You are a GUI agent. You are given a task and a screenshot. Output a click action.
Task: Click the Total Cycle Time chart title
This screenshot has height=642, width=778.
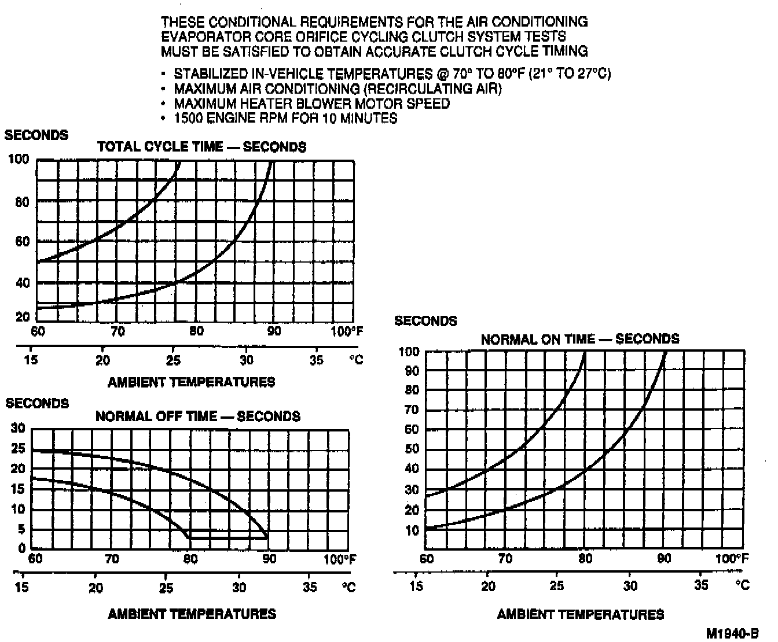click(x=201, y=147)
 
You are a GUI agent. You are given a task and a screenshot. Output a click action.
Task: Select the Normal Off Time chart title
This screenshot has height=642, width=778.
click(x=197, y=416)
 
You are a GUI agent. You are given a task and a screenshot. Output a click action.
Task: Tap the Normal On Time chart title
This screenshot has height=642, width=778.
click(x=579, y=339)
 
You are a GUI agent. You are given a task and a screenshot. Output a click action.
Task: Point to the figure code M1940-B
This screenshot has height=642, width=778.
click(x=732, y=633)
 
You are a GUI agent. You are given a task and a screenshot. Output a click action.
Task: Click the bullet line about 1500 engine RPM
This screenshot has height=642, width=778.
click(x=285, y=119)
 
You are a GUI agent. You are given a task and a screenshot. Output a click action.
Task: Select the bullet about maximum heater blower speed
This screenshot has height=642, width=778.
click(x=311, y=104)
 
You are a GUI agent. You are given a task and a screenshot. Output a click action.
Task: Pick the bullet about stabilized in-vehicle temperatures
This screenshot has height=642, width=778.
click(x=392, y=74)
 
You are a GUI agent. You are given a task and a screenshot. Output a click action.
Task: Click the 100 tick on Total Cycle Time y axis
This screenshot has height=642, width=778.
click(x=19, y=159)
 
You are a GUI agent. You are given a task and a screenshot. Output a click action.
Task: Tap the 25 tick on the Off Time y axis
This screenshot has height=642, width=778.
click(x=19, y=449)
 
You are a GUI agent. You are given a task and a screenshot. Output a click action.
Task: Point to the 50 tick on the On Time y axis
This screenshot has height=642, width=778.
click(x=411, y=449)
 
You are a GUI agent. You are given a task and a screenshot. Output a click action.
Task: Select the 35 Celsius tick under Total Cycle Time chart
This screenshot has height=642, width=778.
click(x=317, y=360)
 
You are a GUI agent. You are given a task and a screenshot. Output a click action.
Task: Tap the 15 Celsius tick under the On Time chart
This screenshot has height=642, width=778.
click(x=416, y=586)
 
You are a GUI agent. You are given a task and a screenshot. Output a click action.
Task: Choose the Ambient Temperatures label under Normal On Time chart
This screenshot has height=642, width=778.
click(x=580, y=614)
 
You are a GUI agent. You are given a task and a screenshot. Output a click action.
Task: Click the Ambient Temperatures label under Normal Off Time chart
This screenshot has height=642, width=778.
click(x=192, y=614)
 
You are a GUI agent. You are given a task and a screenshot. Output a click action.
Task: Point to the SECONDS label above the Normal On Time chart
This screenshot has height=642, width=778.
click(x=425, y=321)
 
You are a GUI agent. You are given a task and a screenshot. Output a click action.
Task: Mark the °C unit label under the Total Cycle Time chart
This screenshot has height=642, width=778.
click(x=356, y=360)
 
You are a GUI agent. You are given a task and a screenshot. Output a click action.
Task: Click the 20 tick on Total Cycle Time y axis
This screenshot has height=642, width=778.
click(x=22, y=317)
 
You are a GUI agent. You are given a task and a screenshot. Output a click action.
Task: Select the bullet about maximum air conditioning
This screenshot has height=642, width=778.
click(x=337, y=89)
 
